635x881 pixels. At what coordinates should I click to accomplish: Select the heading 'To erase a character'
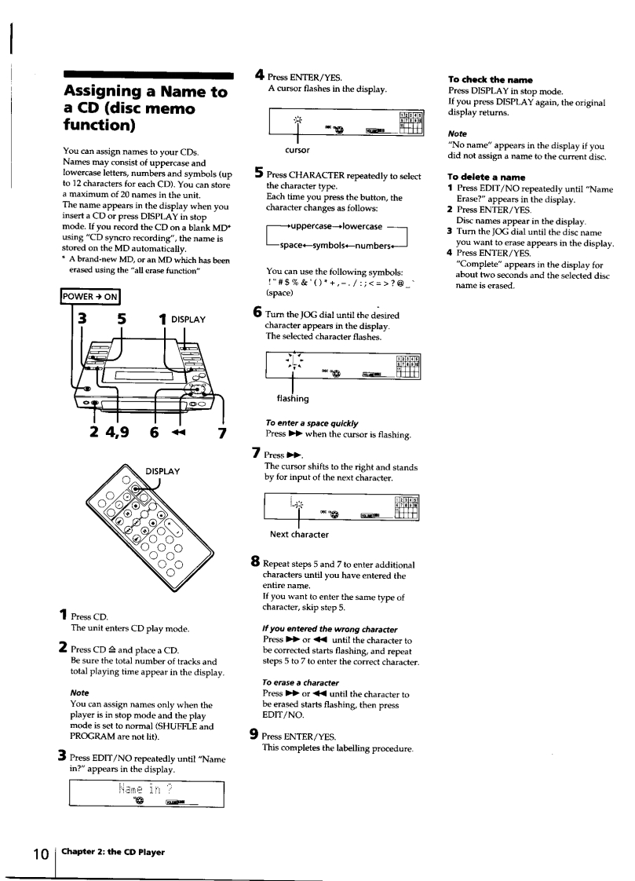302,682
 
